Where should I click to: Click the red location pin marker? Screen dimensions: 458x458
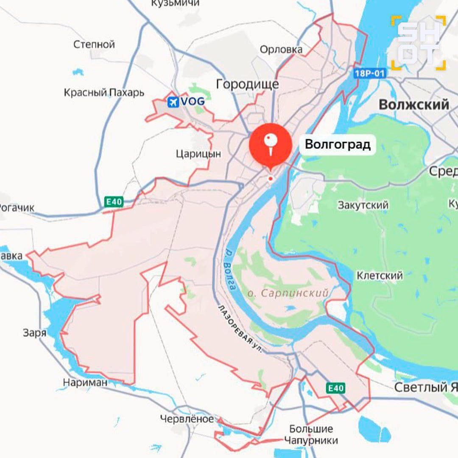click(271, 144)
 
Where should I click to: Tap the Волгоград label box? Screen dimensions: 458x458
click(338, 145)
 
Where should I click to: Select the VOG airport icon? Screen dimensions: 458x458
click(173, 102)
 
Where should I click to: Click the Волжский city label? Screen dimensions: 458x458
click(413, 104)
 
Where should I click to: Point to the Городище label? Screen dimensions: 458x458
click(247, 84)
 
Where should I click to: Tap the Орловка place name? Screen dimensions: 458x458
click(281, 50)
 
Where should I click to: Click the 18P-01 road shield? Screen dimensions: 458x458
click(369, 74)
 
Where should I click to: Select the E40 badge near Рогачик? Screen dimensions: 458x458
click(114, 202)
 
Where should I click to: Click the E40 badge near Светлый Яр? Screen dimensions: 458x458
click(336, 388)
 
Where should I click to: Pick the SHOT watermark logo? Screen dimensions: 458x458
click(419, 43)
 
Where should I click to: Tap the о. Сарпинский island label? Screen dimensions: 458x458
click(288, 293)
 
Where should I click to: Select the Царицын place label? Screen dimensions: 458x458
click(198, 154)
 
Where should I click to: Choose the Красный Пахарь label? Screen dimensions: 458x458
click(104, 92)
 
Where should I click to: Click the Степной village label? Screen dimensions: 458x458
click(94, 44)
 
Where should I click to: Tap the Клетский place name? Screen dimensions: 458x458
click(380, 276)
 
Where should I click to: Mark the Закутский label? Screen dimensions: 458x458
click(363, 205)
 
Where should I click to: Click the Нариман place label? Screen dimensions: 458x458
click(85, 383)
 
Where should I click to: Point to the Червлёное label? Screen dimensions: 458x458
click(187, 419)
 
